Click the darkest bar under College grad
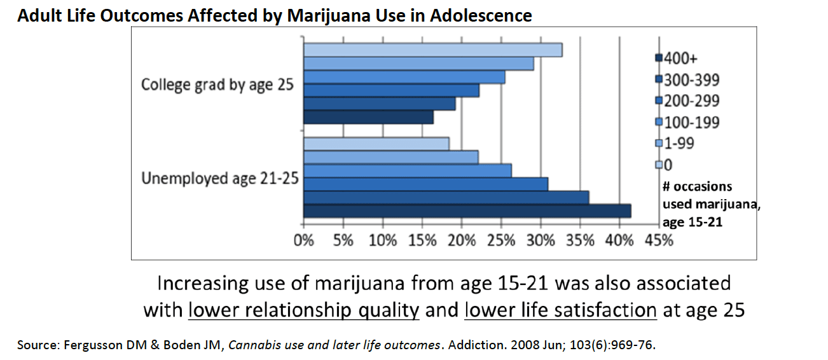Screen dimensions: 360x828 pyautogui.click(x=368, y=118)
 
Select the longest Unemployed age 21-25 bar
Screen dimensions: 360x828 pyautogui.click(x=467, y=212)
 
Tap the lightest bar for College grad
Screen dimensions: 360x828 pyautogui.click(x=432, y=50)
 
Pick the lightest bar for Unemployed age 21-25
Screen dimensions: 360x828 pyautogui.click(x=376, y=144)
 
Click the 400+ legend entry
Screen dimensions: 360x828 pyautogui.click(x=680, y=59)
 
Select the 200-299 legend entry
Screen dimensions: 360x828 pyautogui.click(x=691, y=100)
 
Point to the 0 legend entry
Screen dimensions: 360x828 pyautogui.click(x=668, y=165)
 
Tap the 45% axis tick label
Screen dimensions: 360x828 pyautogui.click(x=658, y=241)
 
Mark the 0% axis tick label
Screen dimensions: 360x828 pyautogui.click(x=304, y=241)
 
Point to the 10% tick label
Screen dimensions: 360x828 pyautogui.click(x=382, y=241)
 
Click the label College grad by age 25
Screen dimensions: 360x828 pyautogui.click(x=217, y=85)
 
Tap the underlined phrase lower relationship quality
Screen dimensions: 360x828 pyautogui.click(x=304, y=310)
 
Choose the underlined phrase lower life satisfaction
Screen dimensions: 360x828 pyautogui.click(x=560, y=310)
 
